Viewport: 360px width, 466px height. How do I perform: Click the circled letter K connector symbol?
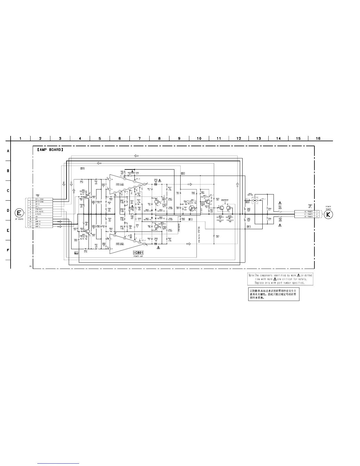coord(328,214)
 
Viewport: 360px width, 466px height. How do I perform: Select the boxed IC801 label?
coord(138,253)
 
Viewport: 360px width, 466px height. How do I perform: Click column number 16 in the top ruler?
coord(318,139)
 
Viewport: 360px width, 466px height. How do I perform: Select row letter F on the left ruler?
coord(8,250)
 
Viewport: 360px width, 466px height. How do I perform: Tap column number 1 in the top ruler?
coord(20,139)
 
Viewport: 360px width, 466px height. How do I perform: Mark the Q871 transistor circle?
coord(208,201)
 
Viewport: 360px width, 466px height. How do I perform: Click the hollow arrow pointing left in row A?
coord(136,156)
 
